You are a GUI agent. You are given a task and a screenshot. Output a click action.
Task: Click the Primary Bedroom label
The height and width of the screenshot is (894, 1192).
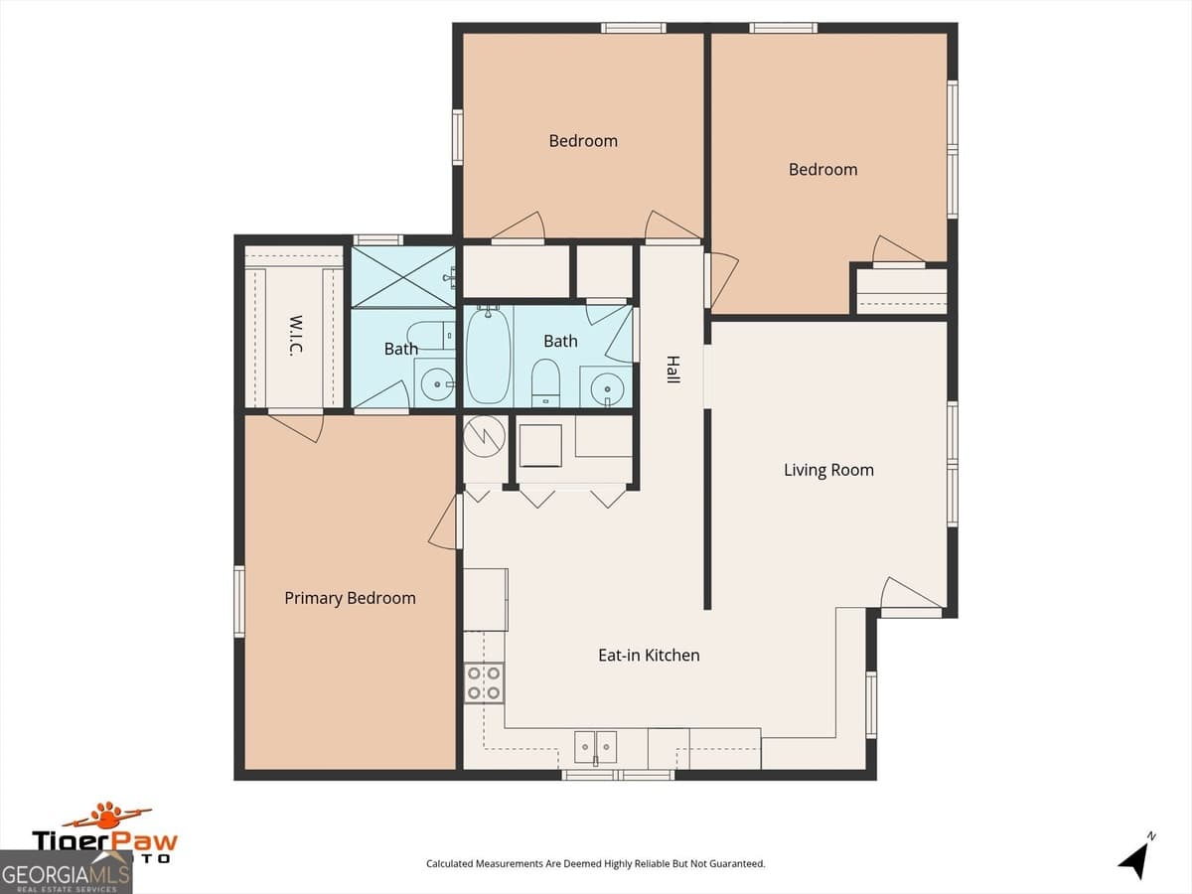pyautogui.click(x=350, y=598)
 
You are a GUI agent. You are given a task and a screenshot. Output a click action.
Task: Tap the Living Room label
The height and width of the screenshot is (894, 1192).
pyautogui.click(x=828, y=470)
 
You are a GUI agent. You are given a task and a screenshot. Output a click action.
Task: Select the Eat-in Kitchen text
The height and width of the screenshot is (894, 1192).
pyautogui.click(x=649, y=656)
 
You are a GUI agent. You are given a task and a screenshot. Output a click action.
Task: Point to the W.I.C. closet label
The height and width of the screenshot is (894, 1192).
pyautogui.click(x=296, y=336)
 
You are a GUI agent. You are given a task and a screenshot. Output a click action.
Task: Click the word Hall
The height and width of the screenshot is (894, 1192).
pyautogui.click(x=672, y=370)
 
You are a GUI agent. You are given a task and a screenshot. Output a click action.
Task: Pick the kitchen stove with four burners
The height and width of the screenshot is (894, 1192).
pyautogui.click(x=484, y=682)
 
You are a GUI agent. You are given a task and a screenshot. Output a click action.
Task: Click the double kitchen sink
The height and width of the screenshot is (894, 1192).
pyautogui.click(x=595, y=746)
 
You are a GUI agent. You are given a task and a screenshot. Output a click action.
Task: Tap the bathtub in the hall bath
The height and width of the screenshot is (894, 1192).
pyautogui.click(x=489, y=355)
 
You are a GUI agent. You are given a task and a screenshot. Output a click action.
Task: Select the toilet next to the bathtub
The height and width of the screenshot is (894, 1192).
pyautogui.click(x=545, y=381)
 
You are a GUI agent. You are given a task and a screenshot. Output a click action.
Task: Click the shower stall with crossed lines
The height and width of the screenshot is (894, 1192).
pyautogui.click(x=402, y=277)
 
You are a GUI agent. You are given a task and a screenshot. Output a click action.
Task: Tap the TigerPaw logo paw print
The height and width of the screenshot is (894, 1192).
pyautogui.click(x=107, y=816)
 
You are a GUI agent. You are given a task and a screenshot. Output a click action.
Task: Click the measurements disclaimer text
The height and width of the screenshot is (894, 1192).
pyautogui.click(x=595, y=864)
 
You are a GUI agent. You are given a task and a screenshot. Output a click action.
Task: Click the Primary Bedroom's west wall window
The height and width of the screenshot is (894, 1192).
pyautogui.click(x=239, y=600)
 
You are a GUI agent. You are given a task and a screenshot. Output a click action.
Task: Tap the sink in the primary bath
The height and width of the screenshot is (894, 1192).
pyautogui.click(x=435, y=381)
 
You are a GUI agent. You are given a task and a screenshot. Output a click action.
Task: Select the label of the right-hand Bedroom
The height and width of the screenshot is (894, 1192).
pyautogui.click(x=822, y=170)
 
